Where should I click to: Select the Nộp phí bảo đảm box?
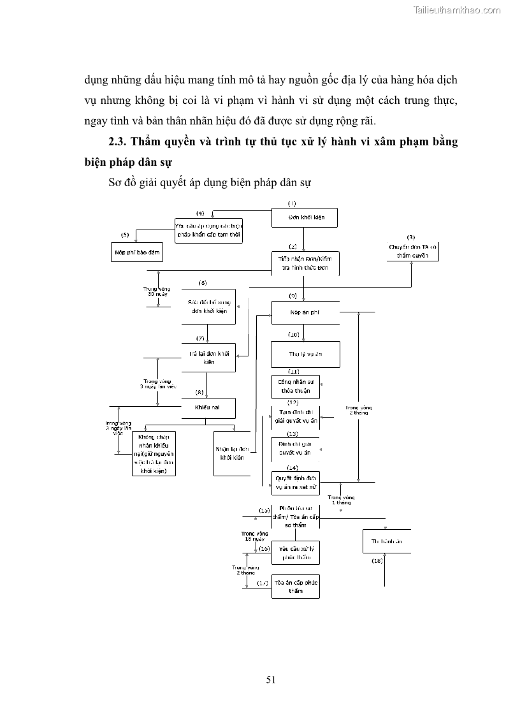point(138,252)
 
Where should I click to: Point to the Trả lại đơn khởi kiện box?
point(208,358)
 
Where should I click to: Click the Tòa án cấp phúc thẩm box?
point(295,587)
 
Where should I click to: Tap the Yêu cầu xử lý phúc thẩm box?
point(295,553)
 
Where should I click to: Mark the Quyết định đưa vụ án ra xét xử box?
point(296,483)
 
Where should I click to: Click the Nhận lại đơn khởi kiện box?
point(232,453)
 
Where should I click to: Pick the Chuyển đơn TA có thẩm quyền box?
point(413,251)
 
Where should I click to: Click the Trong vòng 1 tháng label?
point(341,499)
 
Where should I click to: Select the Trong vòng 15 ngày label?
point(252,536)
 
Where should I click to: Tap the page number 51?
point(271,680)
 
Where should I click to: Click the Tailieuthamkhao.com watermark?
point(458,10)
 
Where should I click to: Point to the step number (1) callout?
point(292,203)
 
